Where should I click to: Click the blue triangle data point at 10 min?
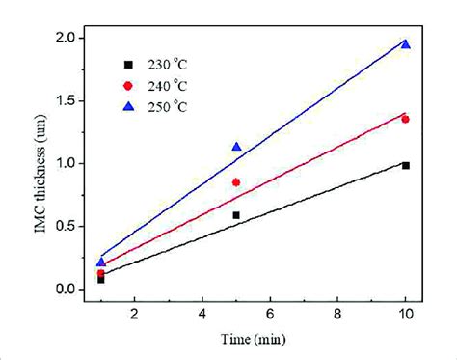point(405,44)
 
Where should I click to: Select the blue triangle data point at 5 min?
point(236,147)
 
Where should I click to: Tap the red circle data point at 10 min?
point(405,119)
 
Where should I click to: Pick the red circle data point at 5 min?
point(236,182)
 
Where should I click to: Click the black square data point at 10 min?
point(405,166)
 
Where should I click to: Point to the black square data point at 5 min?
point(236,215)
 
